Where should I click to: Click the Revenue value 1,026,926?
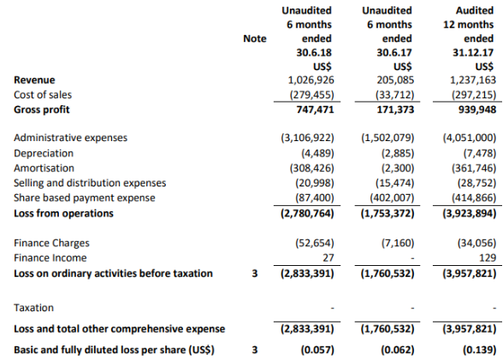(311, 80)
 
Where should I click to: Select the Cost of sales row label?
(43, 95)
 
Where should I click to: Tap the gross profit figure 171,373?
(395, 109)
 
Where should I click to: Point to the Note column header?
(255, 38)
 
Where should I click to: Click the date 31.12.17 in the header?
(473, 52)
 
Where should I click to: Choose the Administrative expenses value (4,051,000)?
(470, 138)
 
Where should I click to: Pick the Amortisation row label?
(44, 168)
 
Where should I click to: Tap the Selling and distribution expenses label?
(90, 183)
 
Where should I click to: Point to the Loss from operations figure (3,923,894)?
(470, 213)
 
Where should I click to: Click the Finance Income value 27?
(328, 257)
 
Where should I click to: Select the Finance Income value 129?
(488, 257)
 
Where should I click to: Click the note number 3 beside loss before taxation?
(255, 274)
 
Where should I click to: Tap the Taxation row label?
(33, 308)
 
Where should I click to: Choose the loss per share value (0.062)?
(398, 350)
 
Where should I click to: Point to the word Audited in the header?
(475, 10)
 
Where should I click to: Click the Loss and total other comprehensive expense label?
(120, 329)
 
